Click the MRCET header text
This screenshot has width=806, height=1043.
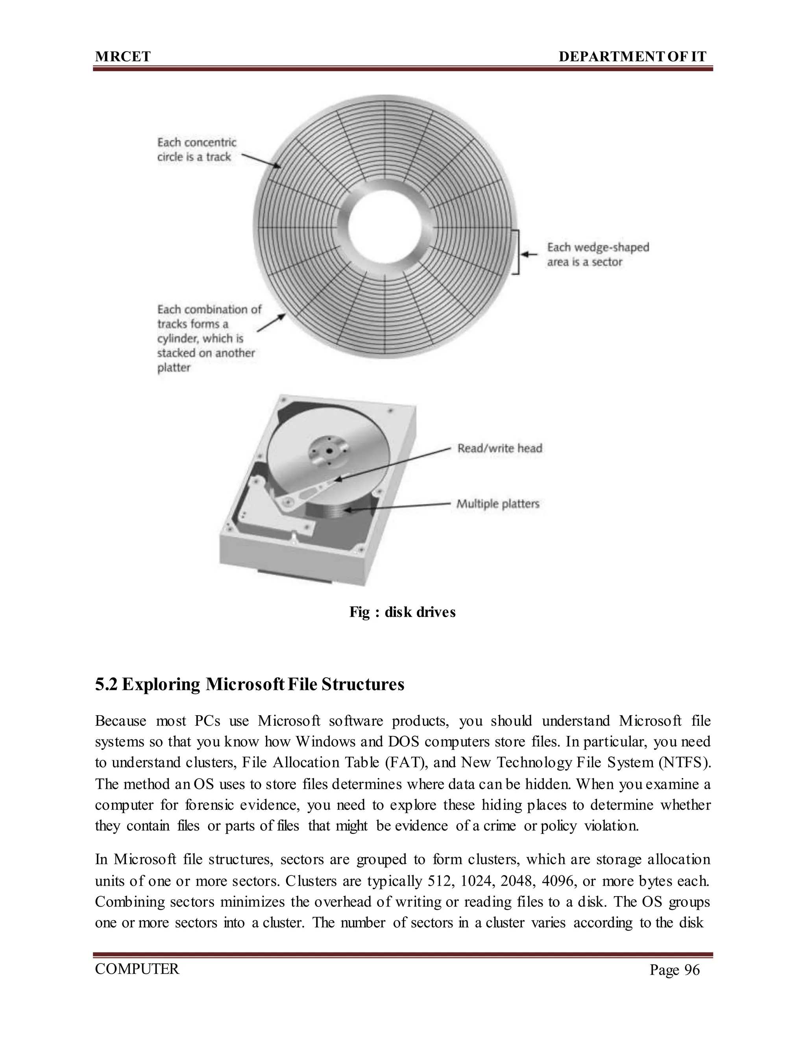click(x=123, y=57)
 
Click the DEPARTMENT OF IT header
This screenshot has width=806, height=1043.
click(x=632, y=57)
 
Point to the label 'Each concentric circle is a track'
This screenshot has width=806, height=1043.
click(x=196, y=150)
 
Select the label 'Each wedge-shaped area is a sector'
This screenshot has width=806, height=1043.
click(x=598, y=255)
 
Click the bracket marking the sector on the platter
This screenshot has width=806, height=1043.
click(x=517, y=252)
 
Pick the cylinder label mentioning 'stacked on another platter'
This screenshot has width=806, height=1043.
click(x=209, y=338)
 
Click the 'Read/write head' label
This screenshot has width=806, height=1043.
click(x=499, y=448)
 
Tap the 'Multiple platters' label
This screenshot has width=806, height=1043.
click(x=497, y=504)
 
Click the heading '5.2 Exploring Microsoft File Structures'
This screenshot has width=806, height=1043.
click(x=249, y=684)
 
